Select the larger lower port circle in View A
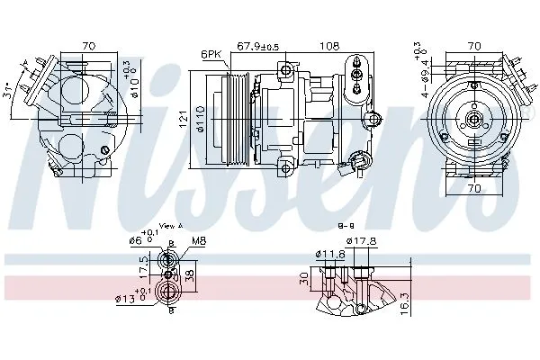coord(166,291)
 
